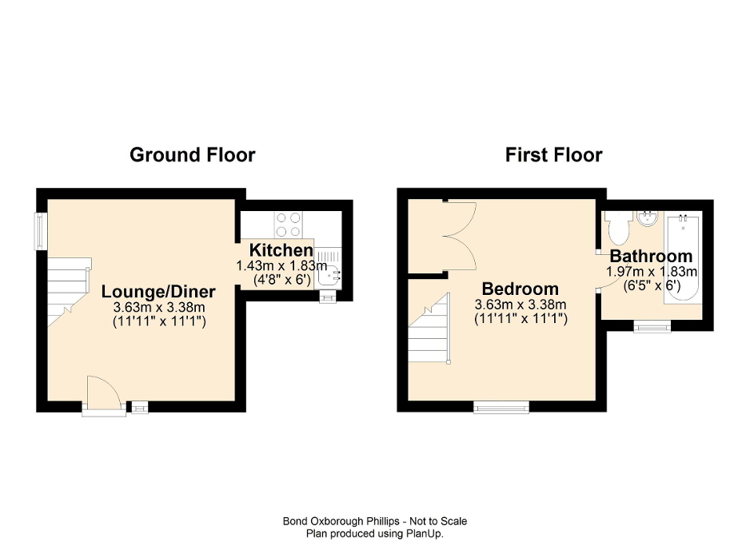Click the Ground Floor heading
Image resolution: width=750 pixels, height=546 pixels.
point(192,155)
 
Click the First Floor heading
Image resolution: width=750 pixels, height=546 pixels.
point(553,155)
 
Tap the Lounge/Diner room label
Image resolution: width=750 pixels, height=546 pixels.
point(158,291)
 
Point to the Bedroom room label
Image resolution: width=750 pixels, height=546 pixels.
point(520,289)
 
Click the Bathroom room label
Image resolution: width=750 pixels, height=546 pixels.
point(650,257)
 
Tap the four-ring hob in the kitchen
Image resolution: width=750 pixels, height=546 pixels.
point(289,221)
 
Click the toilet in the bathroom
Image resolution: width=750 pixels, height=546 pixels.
point(617,229)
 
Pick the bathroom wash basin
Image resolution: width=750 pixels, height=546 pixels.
point(647,218)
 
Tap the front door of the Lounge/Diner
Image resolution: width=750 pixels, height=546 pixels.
point(104,396)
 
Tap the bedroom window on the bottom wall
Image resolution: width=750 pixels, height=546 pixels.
point(501,408)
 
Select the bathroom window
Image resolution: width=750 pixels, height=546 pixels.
point(652,325)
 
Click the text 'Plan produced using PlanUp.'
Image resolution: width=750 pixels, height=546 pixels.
point(374,532)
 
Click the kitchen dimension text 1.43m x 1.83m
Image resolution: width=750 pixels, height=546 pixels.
point(281,266)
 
